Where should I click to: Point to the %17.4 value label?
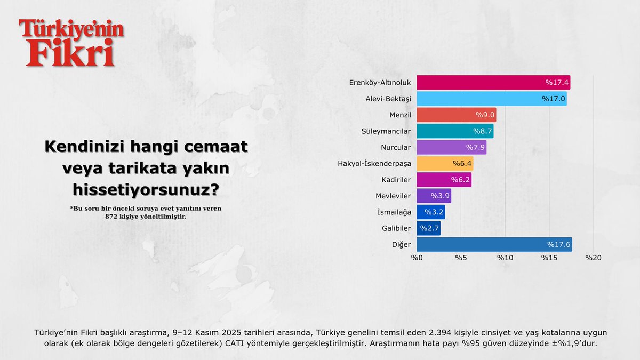click(556, 83)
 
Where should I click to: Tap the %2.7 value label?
click(429, 228)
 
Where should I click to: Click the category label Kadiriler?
click(395, 180)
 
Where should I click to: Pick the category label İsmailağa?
click(394, 212)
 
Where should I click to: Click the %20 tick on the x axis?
click(593, 258)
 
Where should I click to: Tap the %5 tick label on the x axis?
click(461, 258)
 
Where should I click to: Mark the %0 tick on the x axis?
click(417, 258)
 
